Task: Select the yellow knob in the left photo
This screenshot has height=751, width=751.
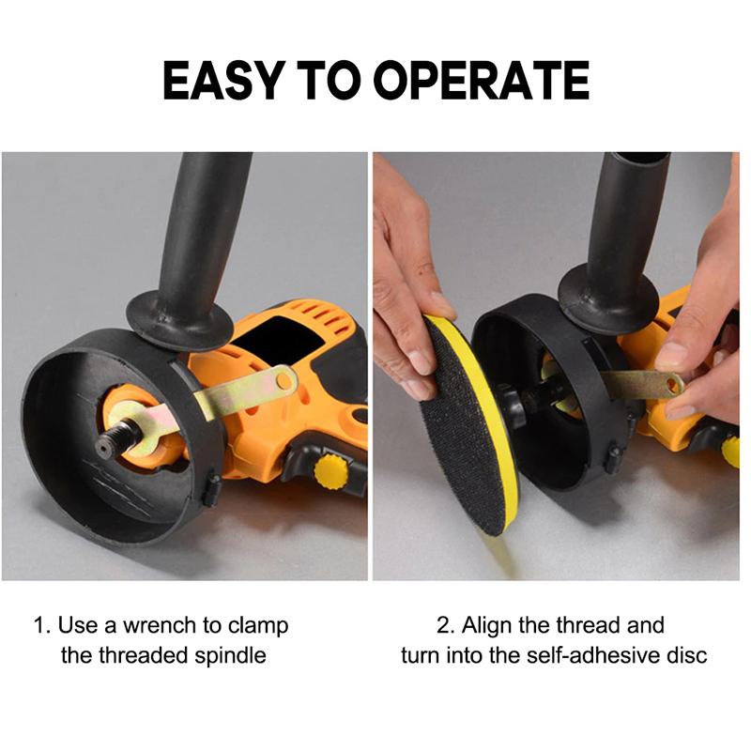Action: pos(330,471)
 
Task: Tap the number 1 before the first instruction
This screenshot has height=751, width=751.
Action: pos(40,626)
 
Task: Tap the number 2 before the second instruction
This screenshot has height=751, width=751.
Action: pos(444,626)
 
